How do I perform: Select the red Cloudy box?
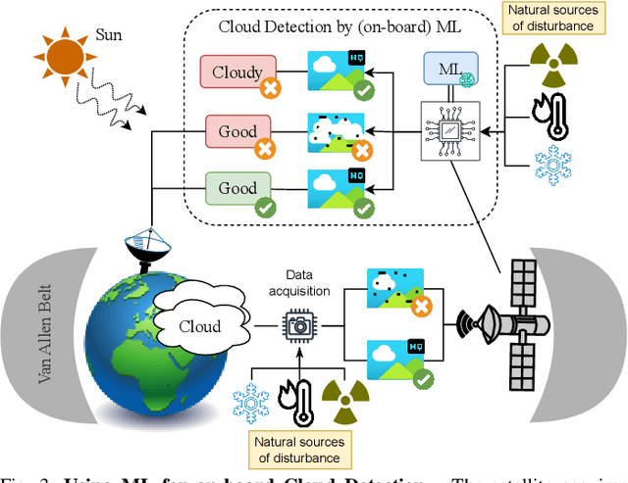pyautogui.click(x=236, y=72)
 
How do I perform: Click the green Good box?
pyautogui.click(x=236, y=188)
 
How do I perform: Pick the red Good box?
pyautogui.click(x=236, y=131)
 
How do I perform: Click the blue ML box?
pyautogui.click(x=449, y=71)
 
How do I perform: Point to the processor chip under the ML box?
pyautogui.click(x=448, y=130)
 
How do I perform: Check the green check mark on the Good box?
pyautogui.click(x=262, y=207)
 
